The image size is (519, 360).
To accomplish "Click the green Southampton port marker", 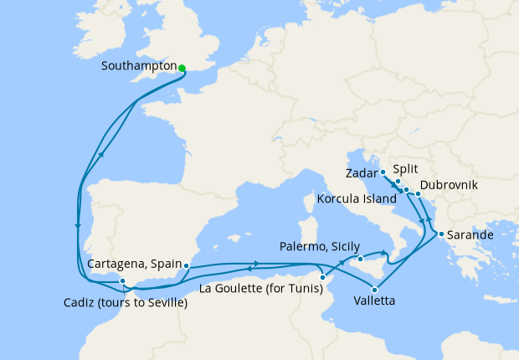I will click(x=182, y=69).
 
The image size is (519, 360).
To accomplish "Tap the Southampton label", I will click(x=138, y=65).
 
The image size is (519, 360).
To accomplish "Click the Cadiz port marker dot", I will click(x=122, y=281).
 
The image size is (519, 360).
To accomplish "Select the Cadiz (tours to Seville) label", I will click(x=125, y=302).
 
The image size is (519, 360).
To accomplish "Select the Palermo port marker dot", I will click(x=360, y=260).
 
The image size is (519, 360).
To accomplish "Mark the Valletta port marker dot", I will click(x=363, y=290).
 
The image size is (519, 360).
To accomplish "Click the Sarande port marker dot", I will click(x=441, y=234).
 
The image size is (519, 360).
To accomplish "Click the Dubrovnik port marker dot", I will click(x=418, y=195).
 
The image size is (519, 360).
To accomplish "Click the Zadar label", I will click(x=361, y=173).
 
